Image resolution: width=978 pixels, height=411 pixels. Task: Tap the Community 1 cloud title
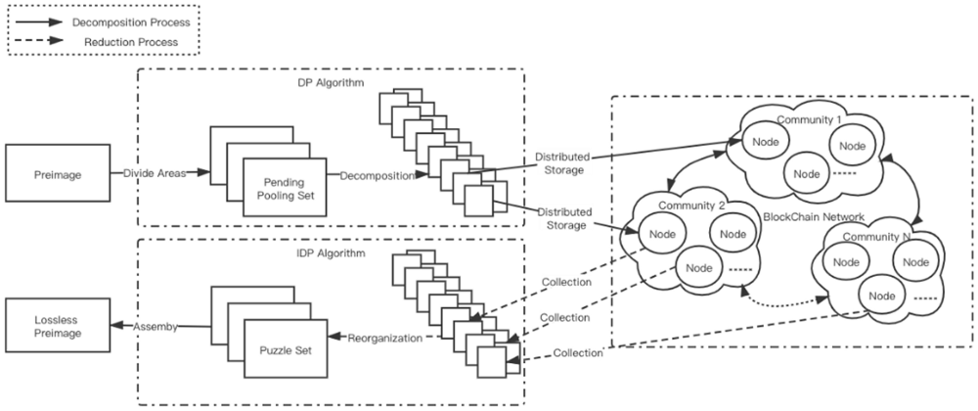pyautogui.click(x=809, y=119)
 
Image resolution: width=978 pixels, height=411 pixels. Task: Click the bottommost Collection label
pyautogui.click(x=577, y=353)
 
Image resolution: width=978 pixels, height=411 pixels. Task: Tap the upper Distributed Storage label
pyautogui.click(x=558, y=162)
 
